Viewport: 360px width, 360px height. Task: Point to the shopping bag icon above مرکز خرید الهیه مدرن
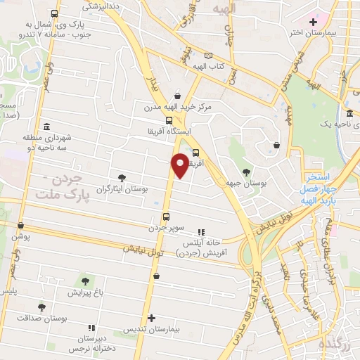tap(177, 96)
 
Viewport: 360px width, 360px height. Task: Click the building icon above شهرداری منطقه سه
tap(46, 127)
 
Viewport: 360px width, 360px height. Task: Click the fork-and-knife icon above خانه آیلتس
tap(200, 231)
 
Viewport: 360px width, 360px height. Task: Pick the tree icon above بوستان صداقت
tap(41, 307)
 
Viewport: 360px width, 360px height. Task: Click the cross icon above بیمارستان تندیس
tap(151, 319)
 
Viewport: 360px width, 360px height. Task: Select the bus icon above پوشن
tap(20, 226)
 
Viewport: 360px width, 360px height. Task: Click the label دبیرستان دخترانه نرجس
tap(92, 342)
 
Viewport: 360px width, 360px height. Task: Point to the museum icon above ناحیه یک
tap(349, 114)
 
